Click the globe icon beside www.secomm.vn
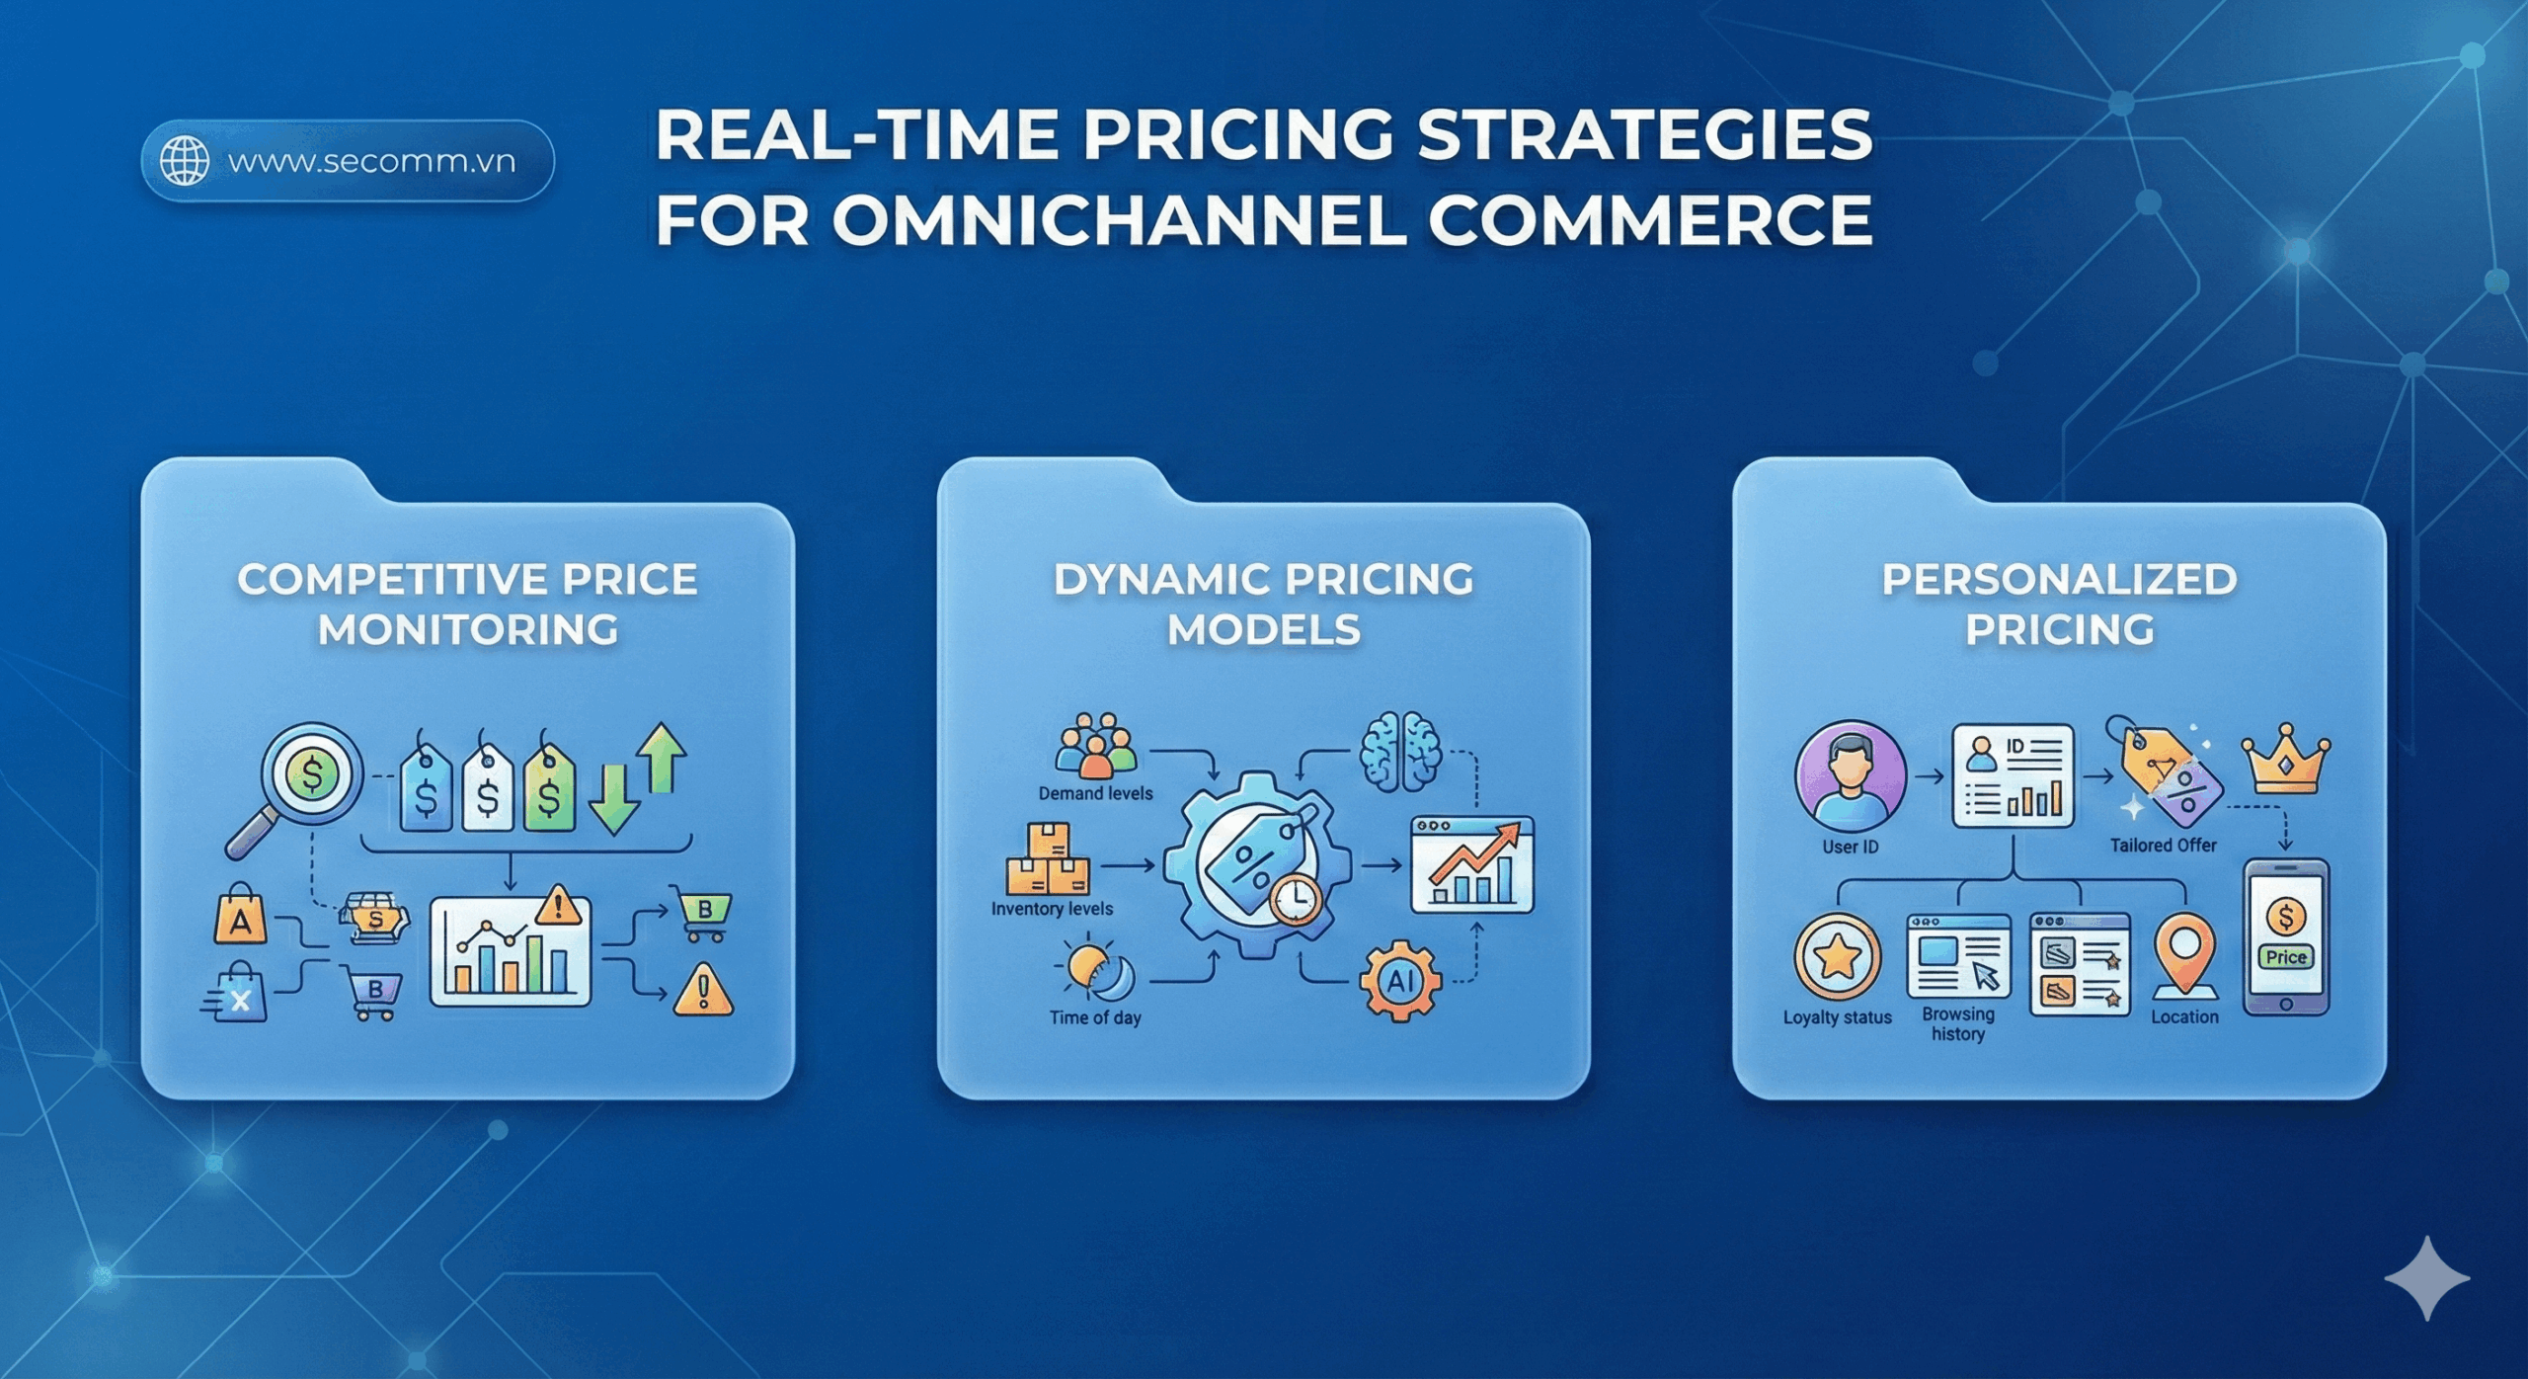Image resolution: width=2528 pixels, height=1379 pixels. coord(185,161)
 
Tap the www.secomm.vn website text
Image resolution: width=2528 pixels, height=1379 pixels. coord(371,161)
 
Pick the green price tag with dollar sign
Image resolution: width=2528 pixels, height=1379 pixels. coord(549,791)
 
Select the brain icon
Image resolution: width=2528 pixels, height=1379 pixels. coord(1399,752)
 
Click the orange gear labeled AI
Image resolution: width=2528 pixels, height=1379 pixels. coord(1400,981)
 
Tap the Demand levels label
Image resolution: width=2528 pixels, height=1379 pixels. coord(1095,793)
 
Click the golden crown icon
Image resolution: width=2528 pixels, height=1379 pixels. coord(2285,761)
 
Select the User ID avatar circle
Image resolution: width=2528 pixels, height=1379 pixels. coord(1850,776)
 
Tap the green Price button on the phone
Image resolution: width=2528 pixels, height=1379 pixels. coord(2286,957)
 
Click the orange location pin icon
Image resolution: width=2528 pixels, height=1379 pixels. coord(2184,953)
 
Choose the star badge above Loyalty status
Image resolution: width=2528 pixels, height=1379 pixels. coord(1837,957)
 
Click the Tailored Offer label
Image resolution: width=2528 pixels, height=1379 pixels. coord(2163,846)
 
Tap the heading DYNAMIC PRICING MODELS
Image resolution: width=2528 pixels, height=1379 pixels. coord(1264,604)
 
